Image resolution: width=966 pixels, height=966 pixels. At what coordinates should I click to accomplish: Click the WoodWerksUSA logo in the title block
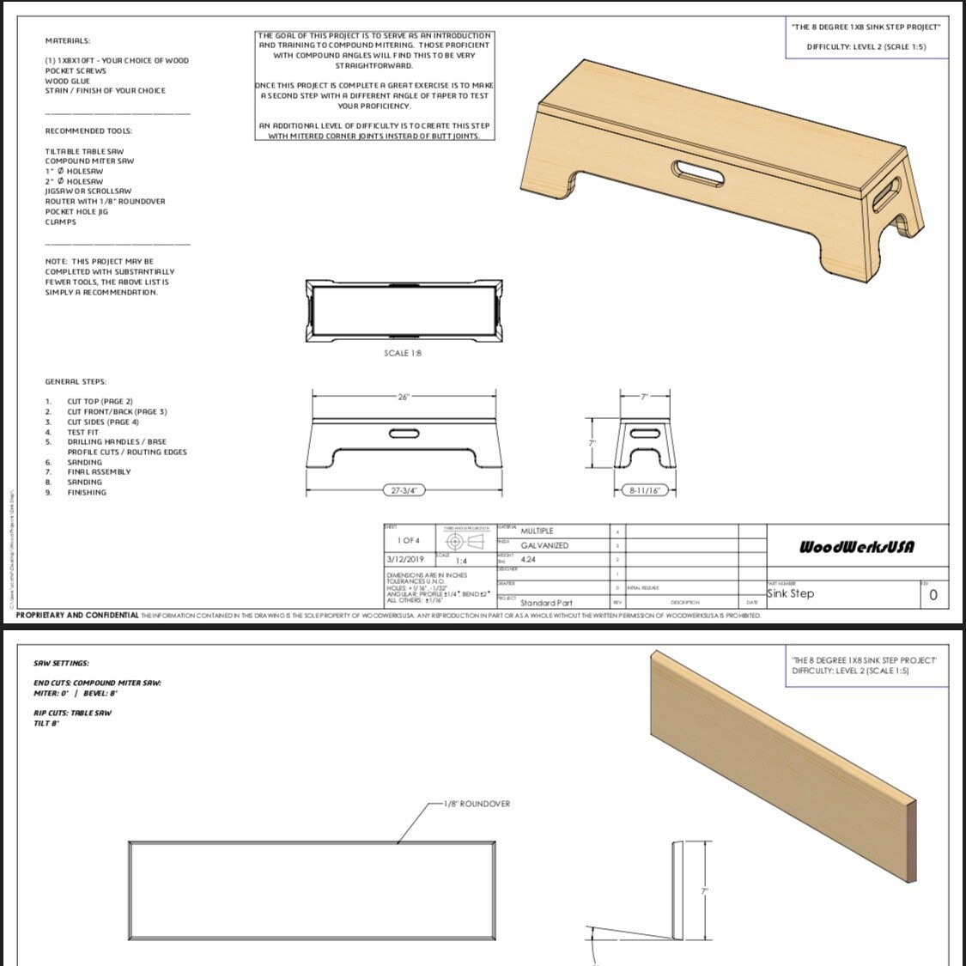pyautogui.click(x=856, y=547)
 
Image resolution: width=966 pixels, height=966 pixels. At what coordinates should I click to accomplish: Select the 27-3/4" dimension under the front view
pyautogui.click(x=403, y=490)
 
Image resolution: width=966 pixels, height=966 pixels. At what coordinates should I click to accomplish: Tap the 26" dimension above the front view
pyautogui.click(x=404, y=397)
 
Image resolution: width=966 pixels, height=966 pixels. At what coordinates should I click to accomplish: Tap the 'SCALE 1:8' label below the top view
pyautogui.click(x=403, y=353)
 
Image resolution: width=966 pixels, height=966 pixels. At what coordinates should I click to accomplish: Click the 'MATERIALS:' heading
pyautogui.click(x=68, y=40)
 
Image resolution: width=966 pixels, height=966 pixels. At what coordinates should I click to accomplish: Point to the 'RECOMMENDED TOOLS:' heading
pyautogui.click(x=88, y=131)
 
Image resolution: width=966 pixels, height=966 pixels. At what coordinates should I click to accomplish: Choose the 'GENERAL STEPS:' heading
pyautogui.click(x=76, y=381)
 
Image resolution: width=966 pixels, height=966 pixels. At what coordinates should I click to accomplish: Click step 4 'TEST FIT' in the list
pyautogui.click(x=83, y=432)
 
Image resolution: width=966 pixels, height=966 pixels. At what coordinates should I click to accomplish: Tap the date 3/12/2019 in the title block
pyautogui.click(x=406, y=559)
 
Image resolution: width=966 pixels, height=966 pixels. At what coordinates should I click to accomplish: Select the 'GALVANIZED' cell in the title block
pyautogui.click(x=544, y=545)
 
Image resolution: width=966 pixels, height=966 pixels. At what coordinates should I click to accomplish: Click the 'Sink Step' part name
pyautogui.click(x=790, y=593)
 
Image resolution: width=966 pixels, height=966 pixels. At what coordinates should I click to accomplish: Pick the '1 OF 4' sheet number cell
pyautogui.click(x=409, y=540)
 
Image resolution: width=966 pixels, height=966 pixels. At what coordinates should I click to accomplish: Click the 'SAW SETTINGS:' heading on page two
pyautogui.click(x=61, y=663)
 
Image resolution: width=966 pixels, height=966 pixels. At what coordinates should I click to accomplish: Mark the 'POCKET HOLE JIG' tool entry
pyautogui.click(x=76, y=211)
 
